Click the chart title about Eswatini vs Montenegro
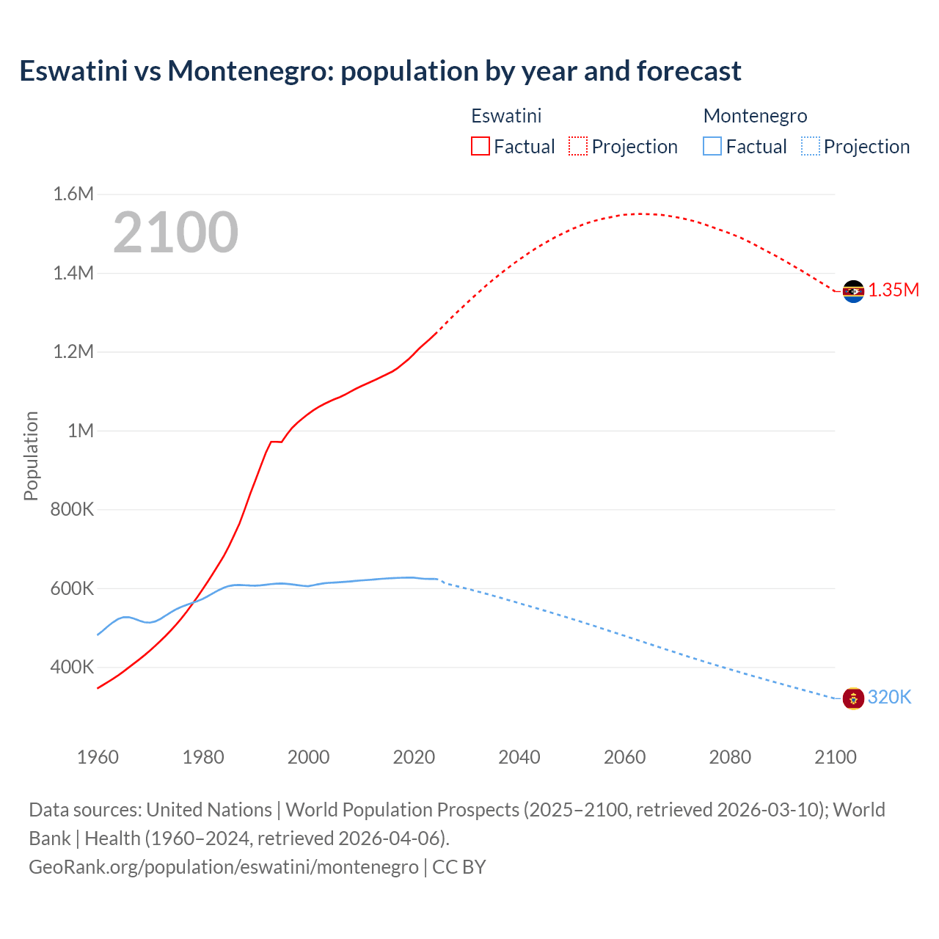380,71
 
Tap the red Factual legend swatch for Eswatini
480,146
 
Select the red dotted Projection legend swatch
577,146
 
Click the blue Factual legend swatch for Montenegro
712,146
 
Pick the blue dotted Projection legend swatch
810,146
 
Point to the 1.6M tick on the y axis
73,194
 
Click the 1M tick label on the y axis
81,431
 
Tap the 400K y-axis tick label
72,667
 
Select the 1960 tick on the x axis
98,757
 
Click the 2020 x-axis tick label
414,757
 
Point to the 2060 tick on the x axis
624,757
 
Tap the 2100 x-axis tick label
835,757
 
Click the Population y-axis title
31,456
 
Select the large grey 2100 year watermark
175,233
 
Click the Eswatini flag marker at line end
853,291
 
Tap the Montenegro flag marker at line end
853,698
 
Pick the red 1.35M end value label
894,290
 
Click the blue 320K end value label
889,697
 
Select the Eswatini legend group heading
506,116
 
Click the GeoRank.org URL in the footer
224,866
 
